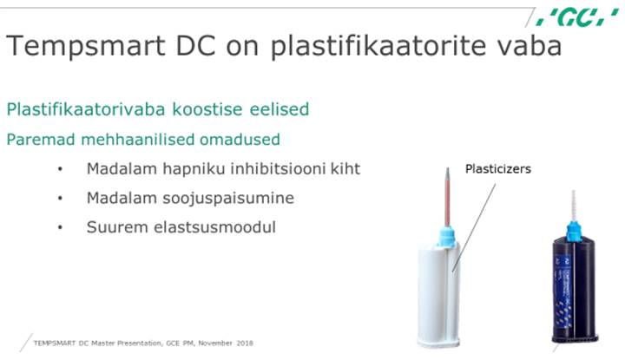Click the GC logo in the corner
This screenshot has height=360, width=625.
tap(577, 17)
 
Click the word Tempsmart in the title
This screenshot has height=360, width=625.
tap(85, 46)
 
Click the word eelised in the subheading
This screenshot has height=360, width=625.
tap(280, 109)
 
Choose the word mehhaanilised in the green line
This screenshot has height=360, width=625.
tap(137, 140)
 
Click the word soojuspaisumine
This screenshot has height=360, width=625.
tap(228, 198)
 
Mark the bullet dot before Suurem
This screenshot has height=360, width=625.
tap(60, 227)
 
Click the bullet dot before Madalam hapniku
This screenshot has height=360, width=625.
tap(60, 169)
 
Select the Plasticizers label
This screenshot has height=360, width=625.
tap(498, 169)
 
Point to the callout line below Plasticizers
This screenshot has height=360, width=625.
tap(474, 227)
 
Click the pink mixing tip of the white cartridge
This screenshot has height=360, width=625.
tap(448, 197)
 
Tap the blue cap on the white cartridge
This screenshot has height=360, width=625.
tap(446, 237)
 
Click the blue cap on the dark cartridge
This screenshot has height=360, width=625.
tap(574, 231)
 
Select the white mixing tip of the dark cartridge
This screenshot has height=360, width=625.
tap(574, 206)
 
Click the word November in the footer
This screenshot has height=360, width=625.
tap(215, 343)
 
